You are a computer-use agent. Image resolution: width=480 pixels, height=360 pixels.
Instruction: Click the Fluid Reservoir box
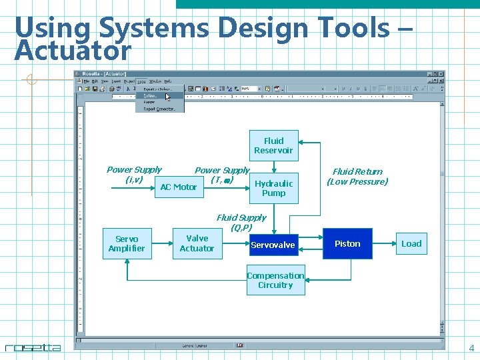pos(273,145)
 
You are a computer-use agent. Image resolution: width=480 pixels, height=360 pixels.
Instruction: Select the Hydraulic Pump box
pos(273,188)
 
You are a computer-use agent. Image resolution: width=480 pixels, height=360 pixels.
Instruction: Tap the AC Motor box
pos(179,187)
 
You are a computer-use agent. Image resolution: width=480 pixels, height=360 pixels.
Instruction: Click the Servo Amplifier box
pos(127,243)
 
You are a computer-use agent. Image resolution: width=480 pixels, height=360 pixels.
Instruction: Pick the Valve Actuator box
pos(197,243)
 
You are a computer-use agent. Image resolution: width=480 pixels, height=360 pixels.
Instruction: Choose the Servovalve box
pos(273,245)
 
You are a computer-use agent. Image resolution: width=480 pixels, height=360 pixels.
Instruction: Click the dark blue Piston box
pos(347,244)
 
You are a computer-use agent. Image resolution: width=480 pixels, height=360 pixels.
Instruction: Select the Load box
pos(411,244)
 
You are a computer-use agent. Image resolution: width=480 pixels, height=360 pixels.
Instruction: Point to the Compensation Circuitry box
pos(275,280)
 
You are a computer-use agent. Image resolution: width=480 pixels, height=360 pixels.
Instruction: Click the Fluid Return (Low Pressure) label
pos(357,177)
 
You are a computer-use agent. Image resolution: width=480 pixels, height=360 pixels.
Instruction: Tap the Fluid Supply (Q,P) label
pos(241,222)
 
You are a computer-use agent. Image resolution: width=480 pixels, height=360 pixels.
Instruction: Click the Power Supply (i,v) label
pos(134,175)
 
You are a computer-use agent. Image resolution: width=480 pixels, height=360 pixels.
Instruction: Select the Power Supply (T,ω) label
pos(222,175)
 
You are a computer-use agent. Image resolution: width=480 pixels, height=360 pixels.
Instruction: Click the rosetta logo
pos(33,347)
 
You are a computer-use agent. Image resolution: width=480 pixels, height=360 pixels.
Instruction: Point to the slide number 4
pos(471,348)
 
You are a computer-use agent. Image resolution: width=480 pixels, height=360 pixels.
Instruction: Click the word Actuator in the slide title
pos(73,51)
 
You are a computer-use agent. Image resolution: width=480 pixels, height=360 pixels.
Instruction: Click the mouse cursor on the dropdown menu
pos(168,97)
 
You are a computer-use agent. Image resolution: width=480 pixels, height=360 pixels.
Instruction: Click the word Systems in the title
pos(154,28)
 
